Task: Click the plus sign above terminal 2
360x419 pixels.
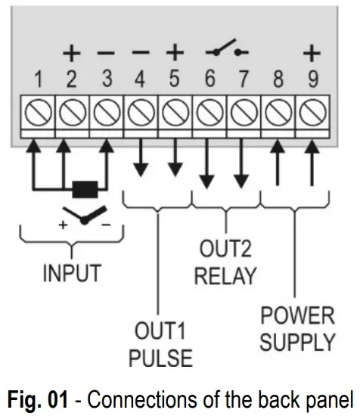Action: (x=71, y=53)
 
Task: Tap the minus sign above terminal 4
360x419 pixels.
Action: (x=140, y=53)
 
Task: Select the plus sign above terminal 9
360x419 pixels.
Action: (x=310, y=53)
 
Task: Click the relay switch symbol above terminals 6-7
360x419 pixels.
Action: (x=225, y=52)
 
